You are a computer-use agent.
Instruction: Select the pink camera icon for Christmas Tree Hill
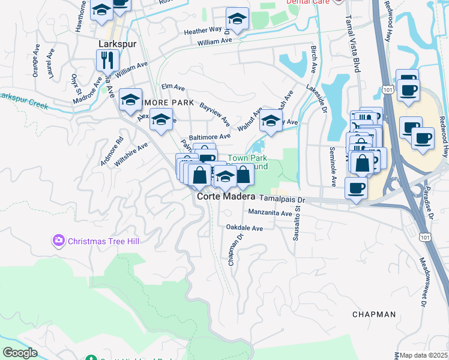[58, 241]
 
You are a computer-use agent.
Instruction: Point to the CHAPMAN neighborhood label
[374, 314]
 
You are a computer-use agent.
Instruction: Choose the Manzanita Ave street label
[270, 213]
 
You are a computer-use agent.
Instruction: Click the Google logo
[20, 352]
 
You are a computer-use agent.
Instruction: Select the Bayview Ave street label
[215, 113]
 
